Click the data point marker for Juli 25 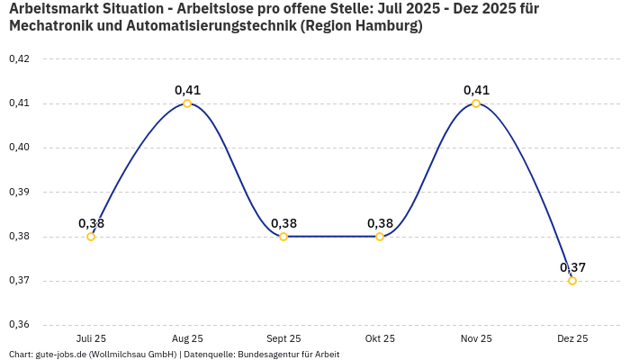(x=91, y=237)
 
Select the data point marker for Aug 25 (x=187, y=103)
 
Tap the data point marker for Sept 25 (x=283, y=237)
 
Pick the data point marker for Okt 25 (x=380, y=237)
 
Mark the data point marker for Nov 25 (x=476, y=103)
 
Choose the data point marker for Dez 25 (x=572, y=281)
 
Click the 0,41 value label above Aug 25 (x=187, y=90)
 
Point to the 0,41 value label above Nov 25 (x=476, y=90)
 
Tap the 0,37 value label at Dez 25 (x=572, y=267)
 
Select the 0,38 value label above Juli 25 (x=91, y=223)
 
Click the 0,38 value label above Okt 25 (x=380, y=223)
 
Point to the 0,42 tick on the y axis (x=19, y=59)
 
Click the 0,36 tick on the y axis (x=19, y=325)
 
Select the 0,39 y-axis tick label (x=19, y=193)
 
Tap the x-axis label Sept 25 (x=283, y=339)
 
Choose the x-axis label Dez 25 (x=572, y=339)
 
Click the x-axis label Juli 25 (x=91, y=339)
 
